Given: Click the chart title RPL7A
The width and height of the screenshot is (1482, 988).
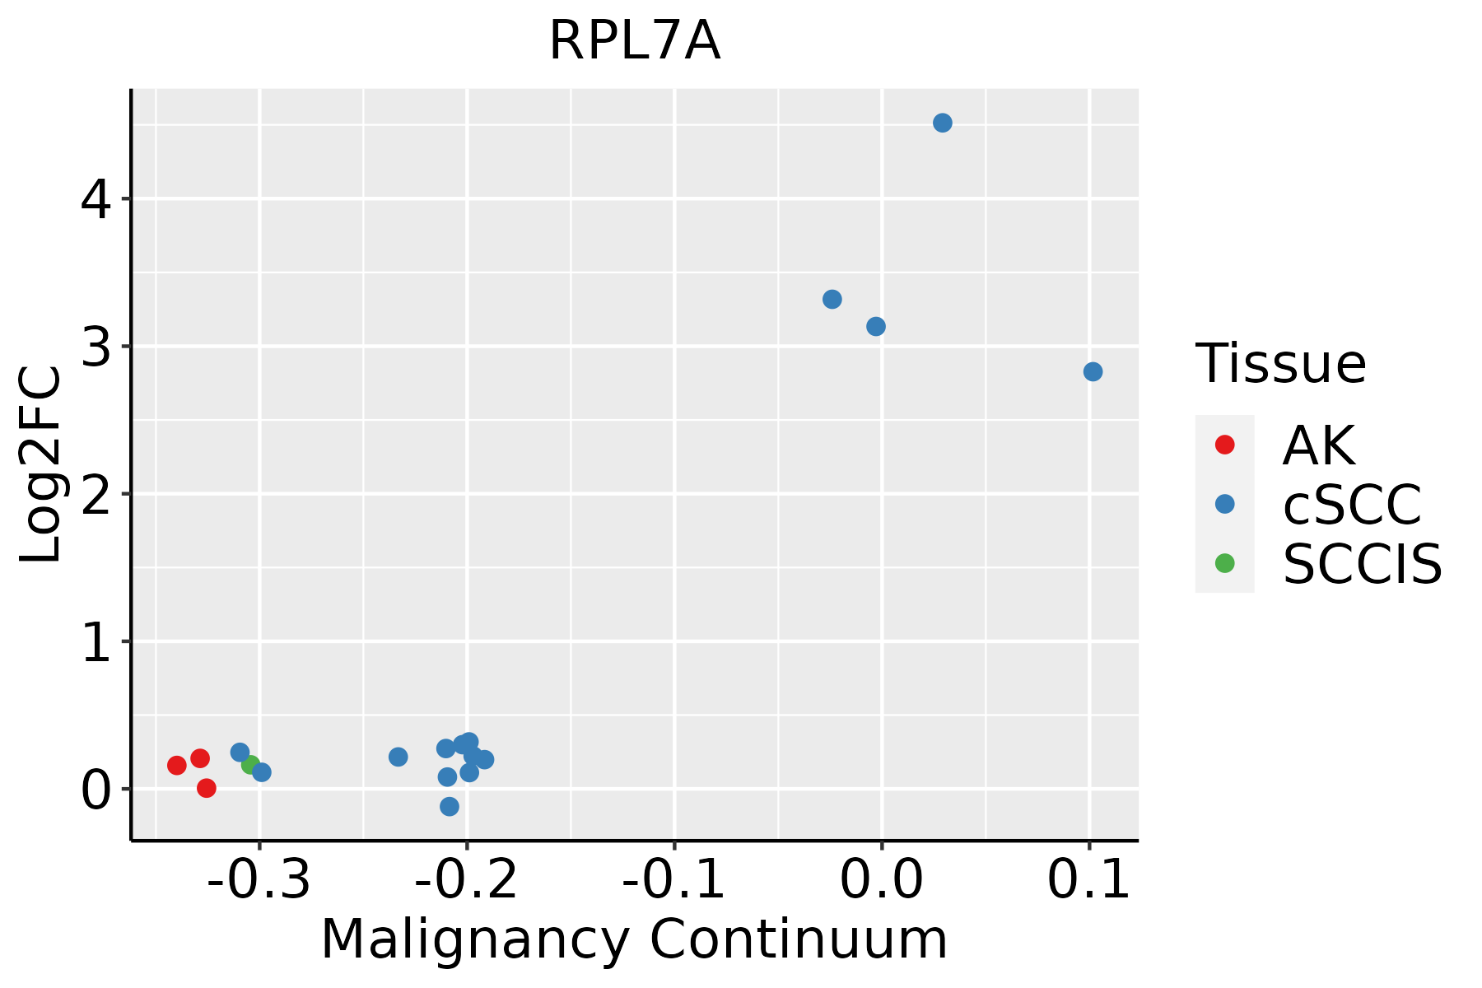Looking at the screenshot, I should (x=634, y=41).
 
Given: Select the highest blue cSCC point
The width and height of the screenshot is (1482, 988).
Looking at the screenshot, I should (x=943, y=123).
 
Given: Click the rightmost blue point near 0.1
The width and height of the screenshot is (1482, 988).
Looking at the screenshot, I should (x=1093, y=372).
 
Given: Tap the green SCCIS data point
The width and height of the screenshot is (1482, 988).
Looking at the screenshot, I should (x=250, y=765).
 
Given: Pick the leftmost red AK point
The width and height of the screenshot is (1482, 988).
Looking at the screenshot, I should (x=176, y=765).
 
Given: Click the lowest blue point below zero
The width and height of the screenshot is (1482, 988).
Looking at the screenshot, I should (x=449, y=806).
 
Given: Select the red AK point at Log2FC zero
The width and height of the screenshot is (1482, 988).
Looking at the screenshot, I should (x=207, y=788).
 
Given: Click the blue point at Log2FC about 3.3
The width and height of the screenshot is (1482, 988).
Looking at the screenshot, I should (x=832, y=299).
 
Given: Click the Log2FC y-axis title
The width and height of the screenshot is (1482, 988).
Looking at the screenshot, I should (x=41, y=465).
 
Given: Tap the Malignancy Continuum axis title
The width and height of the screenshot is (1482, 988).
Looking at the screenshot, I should (x=634, y=940).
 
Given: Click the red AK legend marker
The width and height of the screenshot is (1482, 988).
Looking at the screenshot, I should (x=1224, y=445).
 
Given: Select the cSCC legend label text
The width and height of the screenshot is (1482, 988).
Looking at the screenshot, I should (x=1352, y=505).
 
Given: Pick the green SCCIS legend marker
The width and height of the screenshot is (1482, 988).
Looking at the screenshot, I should (x=1224, y=563).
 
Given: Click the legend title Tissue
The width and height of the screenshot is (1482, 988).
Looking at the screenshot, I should (x=1280, y=364).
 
